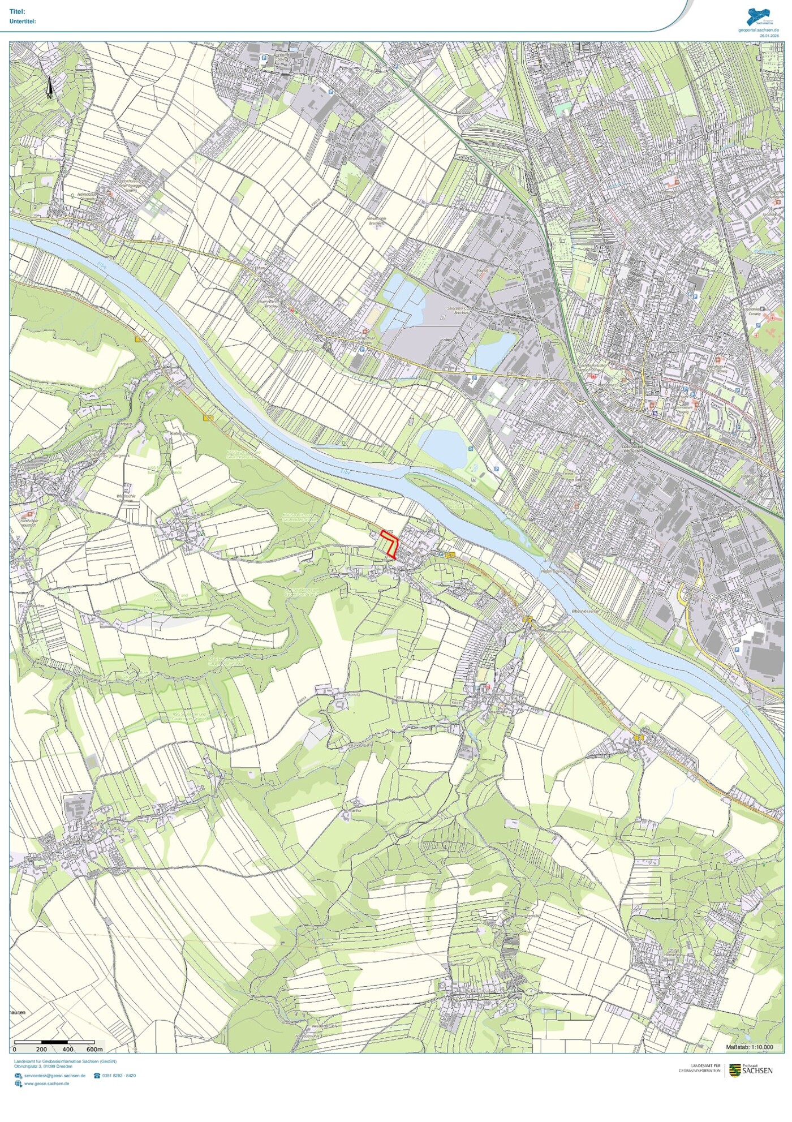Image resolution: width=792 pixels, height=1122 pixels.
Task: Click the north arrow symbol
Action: pos(49,88)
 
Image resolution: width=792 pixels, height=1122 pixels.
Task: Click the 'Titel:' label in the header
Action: pos(18,12)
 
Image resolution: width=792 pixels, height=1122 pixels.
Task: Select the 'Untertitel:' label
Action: pos(23,22)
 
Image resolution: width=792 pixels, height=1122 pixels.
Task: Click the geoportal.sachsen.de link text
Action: pos(758,30)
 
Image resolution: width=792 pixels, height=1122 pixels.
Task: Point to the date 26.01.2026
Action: pos(769,36)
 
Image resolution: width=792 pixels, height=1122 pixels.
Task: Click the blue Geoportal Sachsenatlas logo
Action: pos(758,16)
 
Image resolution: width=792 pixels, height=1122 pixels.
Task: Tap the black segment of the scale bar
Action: pos(54,1042)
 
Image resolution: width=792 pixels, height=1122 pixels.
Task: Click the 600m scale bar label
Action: pos(94,1050)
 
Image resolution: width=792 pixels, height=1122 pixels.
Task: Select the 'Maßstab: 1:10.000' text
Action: pos(749,1047)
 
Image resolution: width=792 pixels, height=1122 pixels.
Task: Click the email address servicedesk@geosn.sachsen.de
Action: pos(55,1076)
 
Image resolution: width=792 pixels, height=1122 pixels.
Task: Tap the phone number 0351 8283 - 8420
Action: pos(119,1076)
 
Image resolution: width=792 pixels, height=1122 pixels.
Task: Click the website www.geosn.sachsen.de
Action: pos(47,1084)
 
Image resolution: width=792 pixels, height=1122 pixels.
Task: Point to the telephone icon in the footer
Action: pos(97,1076)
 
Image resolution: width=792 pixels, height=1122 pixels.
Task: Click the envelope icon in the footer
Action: pos(19,1076)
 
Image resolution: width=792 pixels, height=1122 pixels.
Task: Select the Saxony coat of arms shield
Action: pos(735,1070)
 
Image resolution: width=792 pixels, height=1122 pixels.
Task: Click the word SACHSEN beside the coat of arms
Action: pos(757,1071)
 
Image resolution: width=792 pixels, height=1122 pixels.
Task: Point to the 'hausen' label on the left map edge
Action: pos(18,1012)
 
